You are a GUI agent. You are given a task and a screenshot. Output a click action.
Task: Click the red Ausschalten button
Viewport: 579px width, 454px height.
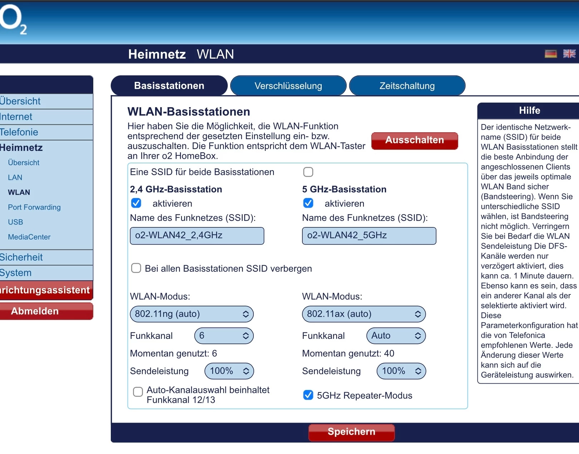(x=415, y=140)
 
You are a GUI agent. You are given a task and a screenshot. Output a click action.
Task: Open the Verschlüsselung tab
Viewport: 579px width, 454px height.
(x=288, y=86)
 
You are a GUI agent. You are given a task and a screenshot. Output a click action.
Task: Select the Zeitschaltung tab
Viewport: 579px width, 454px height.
(x=407, y=86)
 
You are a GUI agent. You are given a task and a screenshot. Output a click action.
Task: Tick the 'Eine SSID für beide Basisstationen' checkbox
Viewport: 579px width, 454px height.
(x=308, y=172)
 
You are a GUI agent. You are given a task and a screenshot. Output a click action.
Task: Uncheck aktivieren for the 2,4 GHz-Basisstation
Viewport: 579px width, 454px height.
(x=136, y=203)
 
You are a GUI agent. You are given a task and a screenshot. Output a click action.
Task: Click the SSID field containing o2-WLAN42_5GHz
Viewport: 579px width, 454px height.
(x=369, y=236)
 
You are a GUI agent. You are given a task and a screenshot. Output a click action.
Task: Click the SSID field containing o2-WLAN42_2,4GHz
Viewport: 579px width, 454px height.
(x=197, y=236)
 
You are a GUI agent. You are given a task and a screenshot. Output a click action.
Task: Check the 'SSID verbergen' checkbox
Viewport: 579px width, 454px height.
(x=136, y=268)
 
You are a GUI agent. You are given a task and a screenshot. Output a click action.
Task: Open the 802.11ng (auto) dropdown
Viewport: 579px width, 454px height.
(x=192, y=314)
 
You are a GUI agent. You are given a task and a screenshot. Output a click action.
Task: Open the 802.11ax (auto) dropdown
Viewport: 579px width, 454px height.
(x=364, y=314)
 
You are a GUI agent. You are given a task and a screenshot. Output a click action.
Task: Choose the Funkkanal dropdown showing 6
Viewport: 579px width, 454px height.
(x=224, y=336)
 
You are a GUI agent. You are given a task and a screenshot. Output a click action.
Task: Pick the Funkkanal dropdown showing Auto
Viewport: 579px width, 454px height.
(x=396, y=336)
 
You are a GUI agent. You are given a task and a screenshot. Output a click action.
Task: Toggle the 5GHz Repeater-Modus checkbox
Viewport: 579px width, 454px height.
(x=308, y=395)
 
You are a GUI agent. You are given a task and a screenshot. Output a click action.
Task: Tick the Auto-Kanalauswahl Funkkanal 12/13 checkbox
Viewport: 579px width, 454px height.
(x=138, y=392)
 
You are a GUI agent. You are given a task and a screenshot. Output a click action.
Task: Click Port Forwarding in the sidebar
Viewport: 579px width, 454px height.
(x=34, y=207)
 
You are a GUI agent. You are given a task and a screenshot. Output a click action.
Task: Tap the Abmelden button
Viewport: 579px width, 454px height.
(x=35, y=311)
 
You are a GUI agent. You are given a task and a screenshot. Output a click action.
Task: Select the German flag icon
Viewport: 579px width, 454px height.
(x=551, y=54)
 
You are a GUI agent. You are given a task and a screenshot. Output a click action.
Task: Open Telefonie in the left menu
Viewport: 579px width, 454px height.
(x=19, y=132)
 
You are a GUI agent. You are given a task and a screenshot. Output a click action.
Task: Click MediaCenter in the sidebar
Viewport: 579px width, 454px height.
(x=29, y=237)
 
